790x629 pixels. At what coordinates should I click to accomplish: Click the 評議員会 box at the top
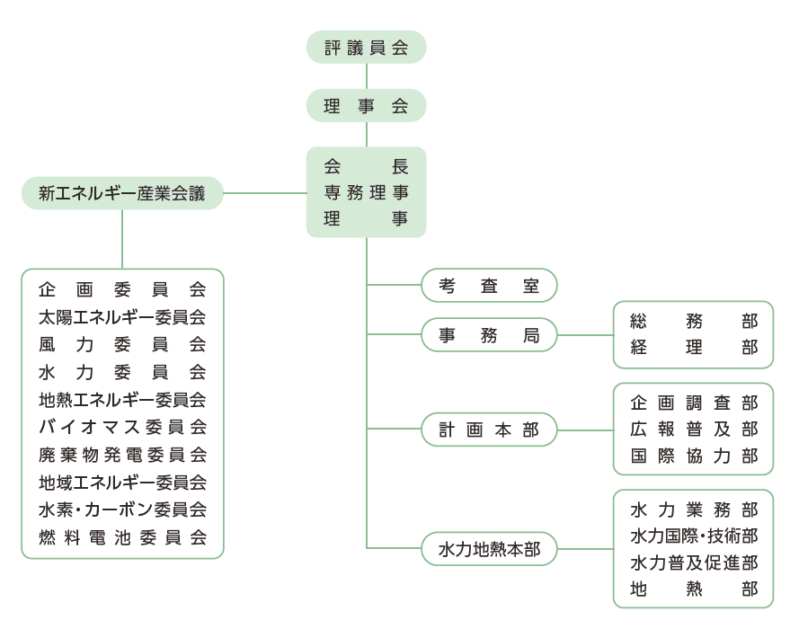pyautogui.click(x=366, y=48)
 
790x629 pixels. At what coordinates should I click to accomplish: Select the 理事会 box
pyautogui.click(x=366, y=106)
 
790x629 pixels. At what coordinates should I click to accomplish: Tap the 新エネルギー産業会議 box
pyautogui.click(x=122, y=193)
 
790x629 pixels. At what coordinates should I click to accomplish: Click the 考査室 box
pyautogui.click(x=489, y=286)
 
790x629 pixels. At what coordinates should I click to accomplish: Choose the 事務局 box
pyautogui.click(x=489, y=335)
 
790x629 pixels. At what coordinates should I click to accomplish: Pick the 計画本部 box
pyautogui.click(x=489, y=430)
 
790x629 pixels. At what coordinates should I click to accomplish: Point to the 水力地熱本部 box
pyautogui.click(x=489, y=548)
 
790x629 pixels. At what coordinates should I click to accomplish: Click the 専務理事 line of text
pyautogui.click(x=366, y=192)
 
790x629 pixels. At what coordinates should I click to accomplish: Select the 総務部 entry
pyautogui.click(x=693, y=321)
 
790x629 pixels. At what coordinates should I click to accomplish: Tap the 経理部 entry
pyautogui.click(x=693, y=348)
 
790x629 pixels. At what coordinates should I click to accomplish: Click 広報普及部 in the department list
pyautogui.click(x=693, y=429)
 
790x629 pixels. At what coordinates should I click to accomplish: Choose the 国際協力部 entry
pyautogui.click(x=693, y=456)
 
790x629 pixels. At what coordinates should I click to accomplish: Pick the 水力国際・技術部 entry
pyautogui.click(x=693, y=536)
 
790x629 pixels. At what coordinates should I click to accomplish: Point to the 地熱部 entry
pyautogui.click(x=693, y=589)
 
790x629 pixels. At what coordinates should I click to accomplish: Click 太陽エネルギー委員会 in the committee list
pyautogui.click(x=122, y=316)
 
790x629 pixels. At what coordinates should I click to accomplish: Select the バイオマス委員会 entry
pyautogui.click(x=122, y=427)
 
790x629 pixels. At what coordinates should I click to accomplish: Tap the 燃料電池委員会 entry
pyautogui.click(x=122, y=537)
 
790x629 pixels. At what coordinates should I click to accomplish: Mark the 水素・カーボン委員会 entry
pyautogui.click(x=122, y=509)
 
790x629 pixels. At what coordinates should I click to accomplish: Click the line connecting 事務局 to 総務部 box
pyautogui.click(x=585, y=335)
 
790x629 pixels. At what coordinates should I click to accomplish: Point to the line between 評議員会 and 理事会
pyautogui.click(x=367, y=76)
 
